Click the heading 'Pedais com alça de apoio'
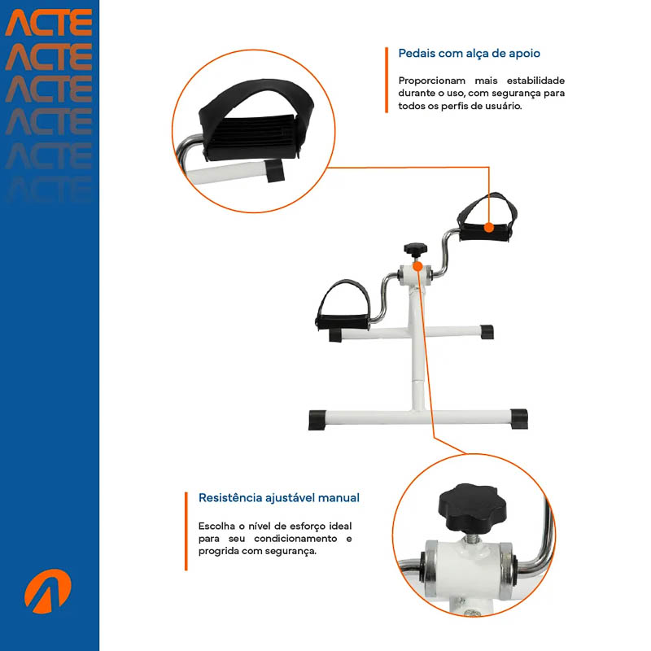pyautogui.click(x=470, y=54)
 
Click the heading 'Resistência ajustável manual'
pyautogui.click(x=279, y=498)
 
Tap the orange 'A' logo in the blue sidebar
pyautogui.click(x=48, y=592)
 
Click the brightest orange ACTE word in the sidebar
pyautogui.click(x=49, y=23)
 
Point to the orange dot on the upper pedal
pyautogui.click(x=489, y=227)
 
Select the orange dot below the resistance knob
pyautogui.click(x=417, y=266)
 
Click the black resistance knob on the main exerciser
pyautogui.click(x=415, y=250)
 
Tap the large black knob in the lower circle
pyautogui.click(x=473, y=507)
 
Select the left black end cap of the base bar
pyautogui.click(x=317, y=419)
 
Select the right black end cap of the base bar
pyautogui.click(x=519, y=418)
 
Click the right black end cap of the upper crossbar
pyautogui.click(x=487, y=332)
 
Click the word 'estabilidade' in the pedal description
pyautogui.click(x=535, y=81)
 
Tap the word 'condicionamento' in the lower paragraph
pyautogui.click(x=295, y=539)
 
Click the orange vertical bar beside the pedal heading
pyautogui.click(x=387, y=80)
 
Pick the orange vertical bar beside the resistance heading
pyautogui.click(x=186, y=531)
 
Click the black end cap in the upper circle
pyautogui.click(x=275, y=171)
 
